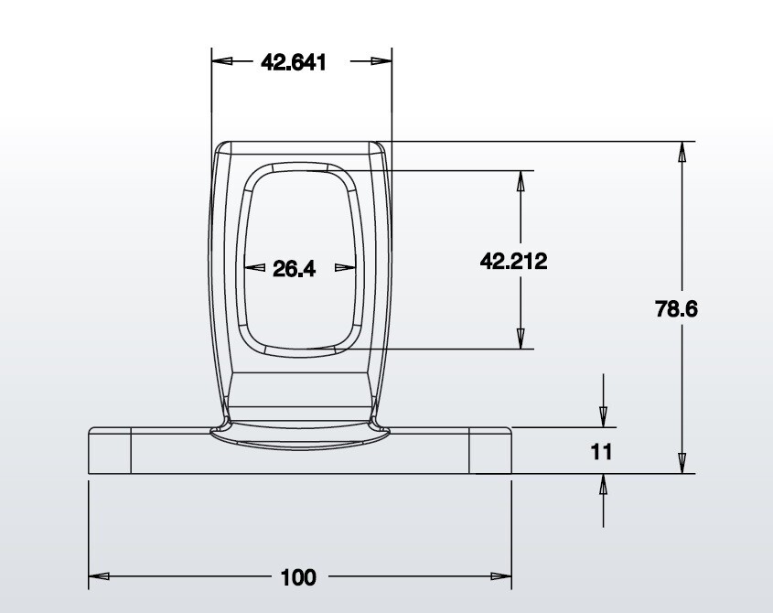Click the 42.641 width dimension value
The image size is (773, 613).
(294, 62)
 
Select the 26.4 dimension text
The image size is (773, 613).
(294, 269)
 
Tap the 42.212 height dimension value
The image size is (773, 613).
(514, 261)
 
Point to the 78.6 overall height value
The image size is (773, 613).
(676, 308)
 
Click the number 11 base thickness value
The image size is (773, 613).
(601, 452)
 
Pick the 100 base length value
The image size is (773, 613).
(297, 577)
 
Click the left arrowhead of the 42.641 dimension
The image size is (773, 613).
(222, 61)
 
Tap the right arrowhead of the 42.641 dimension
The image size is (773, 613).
(381, 61)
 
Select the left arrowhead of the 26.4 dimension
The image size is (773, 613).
(255, 268)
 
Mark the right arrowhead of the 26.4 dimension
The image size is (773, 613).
(345, 268)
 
